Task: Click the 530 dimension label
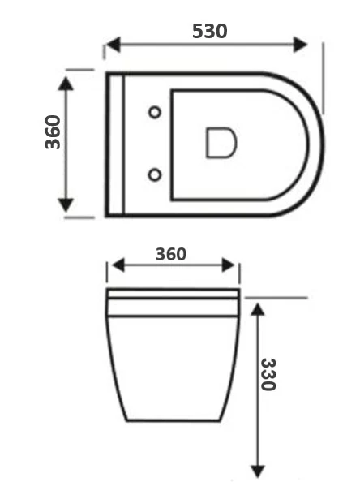point(209,31)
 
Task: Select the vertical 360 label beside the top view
point(53,132)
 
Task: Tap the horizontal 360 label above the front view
point(171,254)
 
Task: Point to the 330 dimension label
point(269,374)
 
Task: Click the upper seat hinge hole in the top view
point(155,112)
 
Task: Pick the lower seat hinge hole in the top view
point(155,175)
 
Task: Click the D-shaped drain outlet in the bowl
point(221,142)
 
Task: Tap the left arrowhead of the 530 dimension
point(114,45)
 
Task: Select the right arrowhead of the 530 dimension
point(300,45)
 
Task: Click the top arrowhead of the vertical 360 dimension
point(66,84)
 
